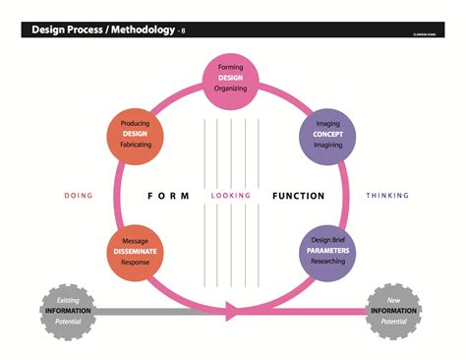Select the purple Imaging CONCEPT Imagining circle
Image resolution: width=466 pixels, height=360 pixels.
(326, 134)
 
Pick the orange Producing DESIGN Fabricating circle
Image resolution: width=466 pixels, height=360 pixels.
(136, 134)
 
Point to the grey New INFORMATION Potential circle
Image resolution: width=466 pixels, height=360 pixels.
(395, 312)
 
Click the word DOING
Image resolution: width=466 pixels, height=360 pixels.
(79, 196)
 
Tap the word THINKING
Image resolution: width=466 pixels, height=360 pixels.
(387, 196)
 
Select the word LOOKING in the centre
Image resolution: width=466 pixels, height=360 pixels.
(231, 196)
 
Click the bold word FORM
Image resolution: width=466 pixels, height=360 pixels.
(168, 196)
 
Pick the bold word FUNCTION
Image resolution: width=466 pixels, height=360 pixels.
(298, 196)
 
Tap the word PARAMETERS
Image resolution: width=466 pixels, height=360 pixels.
(327, 251)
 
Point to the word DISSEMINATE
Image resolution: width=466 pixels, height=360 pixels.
(136, 252)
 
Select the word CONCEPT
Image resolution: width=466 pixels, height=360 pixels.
(327, 134)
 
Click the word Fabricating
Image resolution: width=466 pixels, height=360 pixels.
(136, 146)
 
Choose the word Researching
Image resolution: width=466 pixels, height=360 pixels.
(327, 263)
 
